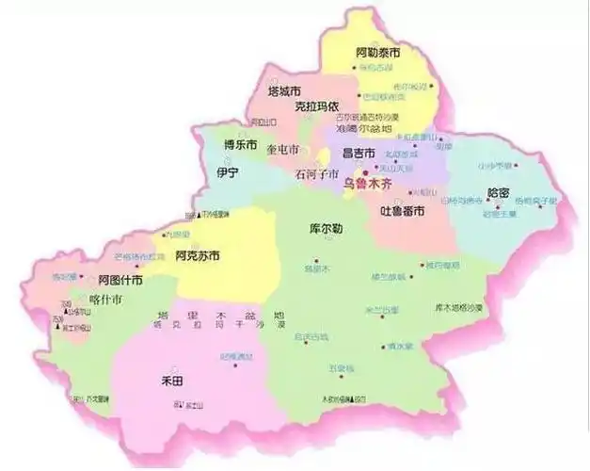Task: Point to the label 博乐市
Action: pos(240,145)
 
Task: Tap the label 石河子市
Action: pos(316,173)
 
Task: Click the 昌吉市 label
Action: pos(359,153)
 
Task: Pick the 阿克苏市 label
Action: pos(198,255)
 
